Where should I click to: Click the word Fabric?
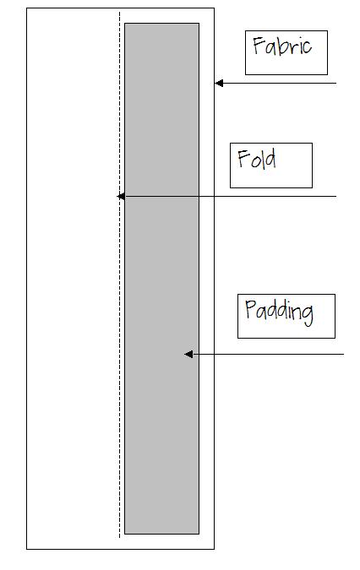[x=282, y=46]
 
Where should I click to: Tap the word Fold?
[x=257, y=159]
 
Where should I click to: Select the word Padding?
[x=279, y=312]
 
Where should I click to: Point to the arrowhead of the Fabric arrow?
[x=219, y=84]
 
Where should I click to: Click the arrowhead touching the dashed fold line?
[x=121, y=196]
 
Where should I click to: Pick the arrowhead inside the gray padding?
[x=188, y=354]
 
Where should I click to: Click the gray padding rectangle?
[x=161, y=279]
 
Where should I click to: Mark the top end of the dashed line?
[x=120, y=12]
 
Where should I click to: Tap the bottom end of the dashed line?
[x=120, y=538]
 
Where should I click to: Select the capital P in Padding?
[x=250, y=309]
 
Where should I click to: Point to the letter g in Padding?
[x=307, y=315]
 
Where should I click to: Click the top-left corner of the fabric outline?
[x=27, y=8]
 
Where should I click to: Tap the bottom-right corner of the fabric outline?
[x=214, y=549]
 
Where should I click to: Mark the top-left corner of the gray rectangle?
[x=125, y=24]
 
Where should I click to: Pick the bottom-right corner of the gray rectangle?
[x=199, y=534]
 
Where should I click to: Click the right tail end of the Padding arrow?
[x=344, y=354]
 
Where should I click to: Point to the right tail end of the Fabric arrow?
[x=336, y=84]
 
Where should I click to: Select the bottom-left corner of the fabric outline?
[x=27, y=549]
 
